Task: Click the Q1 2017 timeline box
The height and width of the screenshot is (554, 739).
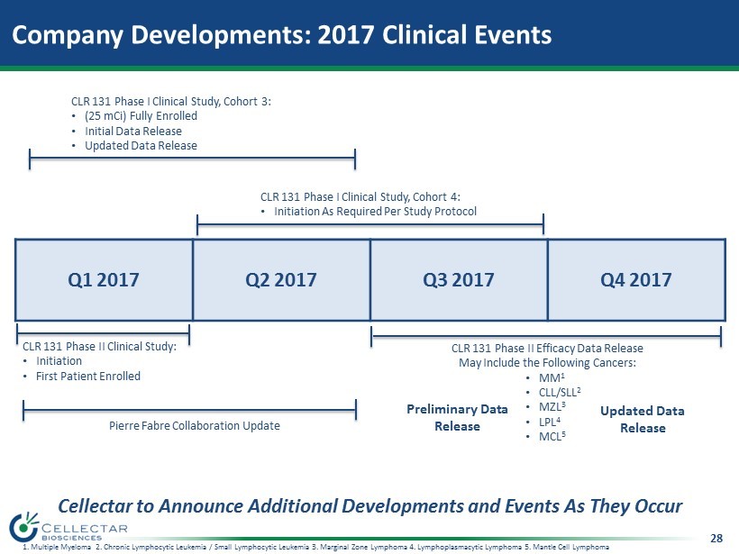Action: (x=104, y=280)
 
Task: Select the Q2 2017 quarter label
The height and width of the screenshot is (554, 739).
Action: (x=281, y=280)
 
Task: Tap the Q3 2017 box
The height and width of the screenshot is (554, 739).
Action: (x=459, y=280)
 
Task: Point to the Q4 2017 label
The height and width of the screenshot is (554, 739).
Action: (x=635, y=280)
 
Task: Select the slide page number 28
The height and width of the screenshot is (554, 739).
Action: (x=716, y=538)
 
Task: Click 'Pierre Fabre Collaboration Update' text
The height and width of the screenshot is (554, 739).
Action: (x=195, y=426)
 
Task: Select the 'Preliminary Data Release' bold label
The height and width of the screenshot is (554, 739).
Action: (x=457, y=417)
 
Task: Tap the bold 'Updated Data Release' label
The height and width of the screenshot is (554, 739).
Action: (x=643, y=419)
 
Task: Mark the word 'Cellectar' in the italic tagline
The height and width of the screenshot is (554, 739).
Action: (x=96, y=506)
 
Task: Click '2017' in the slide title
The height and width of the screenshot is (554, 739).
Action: (x=346, y=35)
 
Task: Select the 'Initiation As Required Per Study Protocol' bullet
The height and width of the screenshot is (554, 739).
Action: (x=375, y=212)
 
